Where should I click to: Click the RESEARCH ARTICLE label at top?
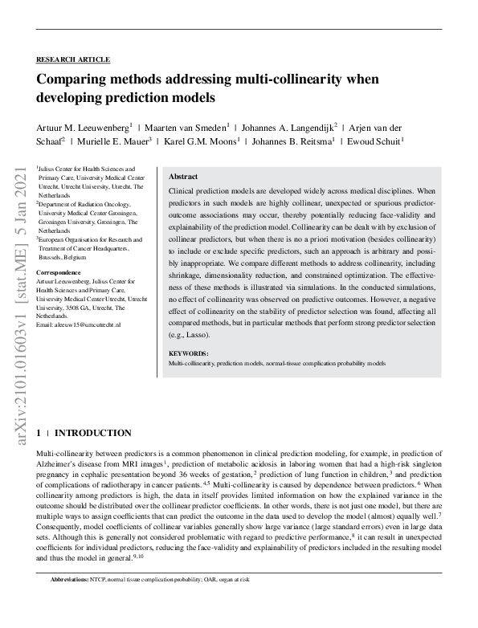pos(73,59)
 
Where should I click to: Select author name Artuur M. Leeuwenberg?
pos(82,127)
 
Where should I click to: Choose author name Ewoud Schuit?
pos(378,141)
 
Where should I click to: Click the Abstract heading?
pos(184,177)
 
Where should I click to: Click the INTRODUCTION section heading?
pos(92,433)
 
